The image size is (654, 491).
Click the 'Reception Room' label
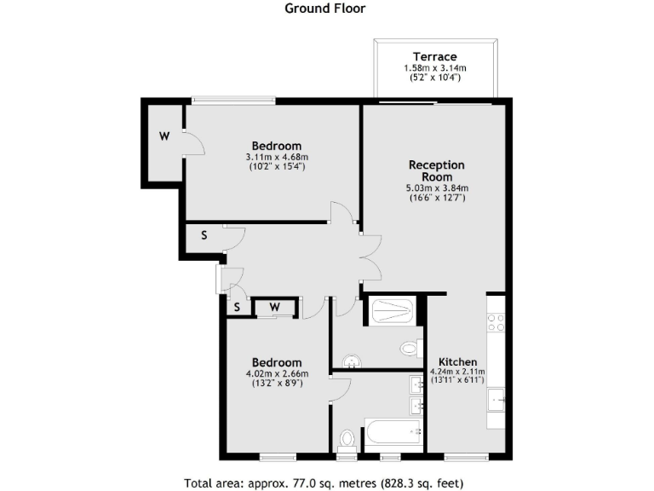[x=437, y=170]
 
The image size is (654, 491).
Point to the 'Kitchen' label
[x=457, y=361]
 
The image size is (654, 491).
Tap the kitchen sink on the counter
[x=496, y=398]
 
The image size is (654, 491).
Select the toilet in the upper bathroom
[x=410, y=348]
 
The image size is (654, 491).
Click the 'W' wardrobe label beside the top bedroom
[x=163, y=136]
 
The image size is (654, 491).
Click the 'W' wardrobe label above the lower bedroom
[x=274, y=307]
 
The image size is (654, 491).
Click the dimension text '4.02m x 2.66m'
[x=277, y=373]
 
